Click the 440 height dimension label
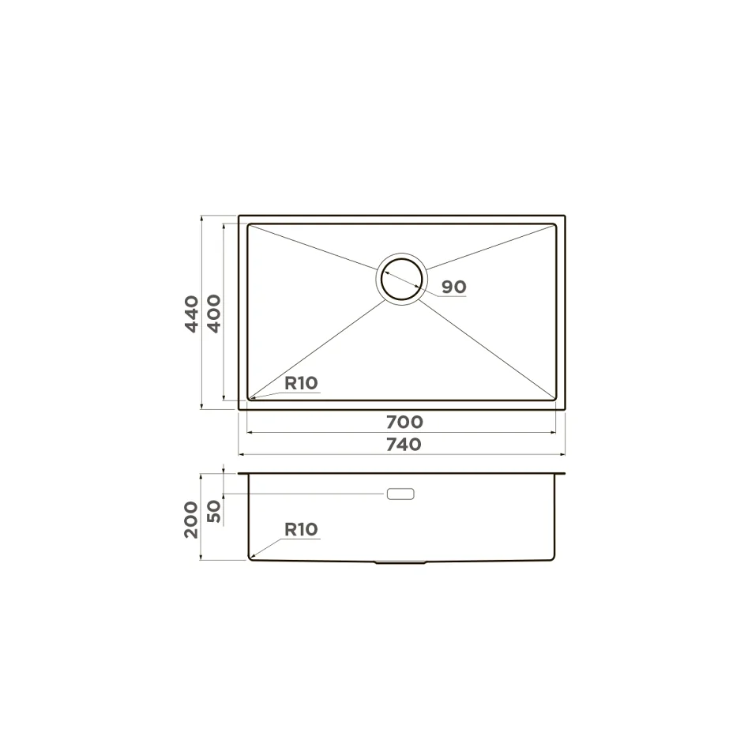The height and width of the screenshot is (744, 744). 191,314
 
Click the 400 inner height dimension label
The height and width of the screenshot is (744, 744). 214,314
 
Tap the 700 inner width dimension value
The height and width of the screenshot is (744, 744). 404,422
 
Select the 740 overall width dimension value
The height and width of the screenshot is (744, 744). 404,445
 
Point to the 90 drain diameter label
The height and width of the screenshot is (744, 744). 454,287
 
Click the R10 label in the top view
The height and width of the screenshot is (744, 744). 301,383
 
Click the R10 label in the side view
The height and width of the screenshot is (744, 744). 301,529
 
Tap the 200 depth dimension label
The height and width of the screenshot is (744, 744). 191,520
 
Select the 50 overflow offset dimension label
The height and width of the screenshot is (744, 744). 214,511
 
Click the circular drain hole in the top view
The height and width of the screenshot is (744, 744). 402,258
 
